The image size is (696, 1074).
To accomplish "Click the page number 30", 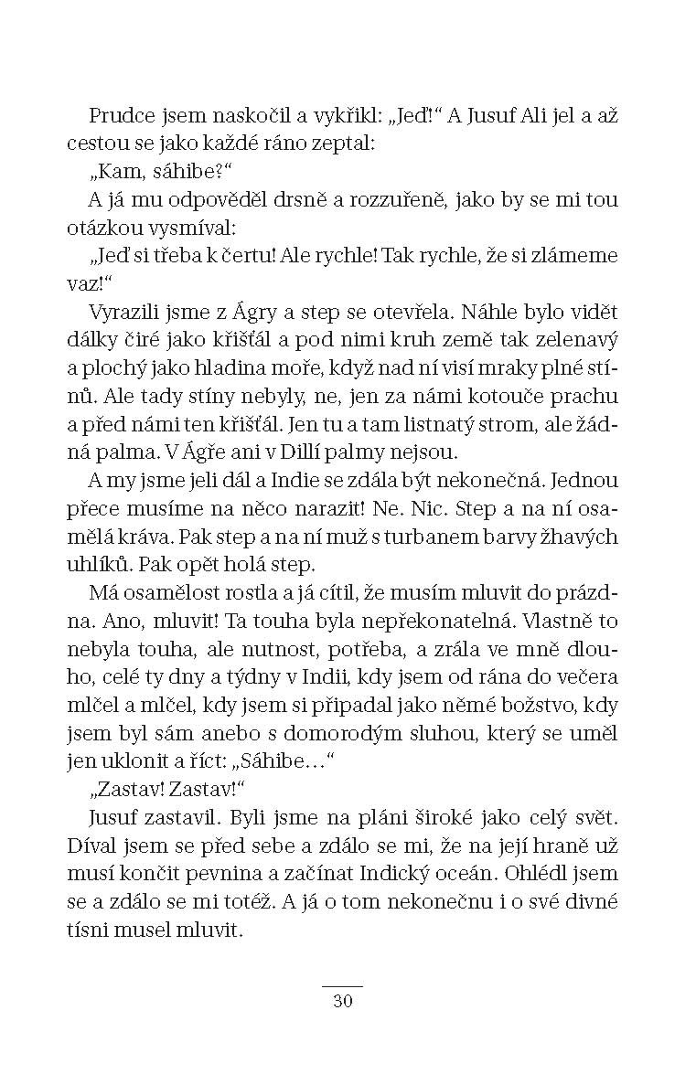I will pos(343,1002).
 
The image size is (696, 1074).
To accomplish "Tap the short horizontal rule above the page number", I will pos(343,986).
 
